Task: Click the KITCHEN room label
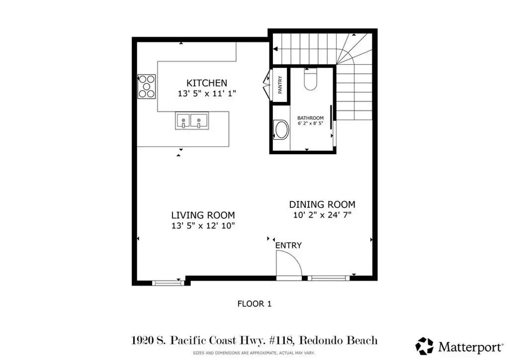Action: click(x=207, y=83)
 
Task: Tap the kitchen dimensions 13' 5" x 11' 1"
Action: click(x=207, y=94)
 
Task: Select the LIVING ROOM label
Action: click(x=203, y=215)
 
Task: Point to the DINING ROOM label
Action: click(x=322, y=204)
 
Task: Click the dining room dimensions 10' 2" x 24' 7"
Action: click(x=322, y=215)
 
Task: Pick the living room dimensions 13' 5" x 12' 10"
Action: click(x=203, y=226)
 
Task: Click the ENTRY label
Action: click(x=288, y=246)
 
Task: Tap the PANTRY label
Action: click(x=280, y=85)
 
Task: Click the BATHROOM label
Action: click(x=310, y=118)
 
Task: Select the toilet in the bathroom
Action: click(x=310, y=80)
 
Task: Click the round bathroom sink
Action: click(x=281, y=130)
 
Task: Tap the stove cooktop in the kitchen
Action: click(x=147, y=87)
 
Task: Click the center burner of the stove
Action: click(x=147, y=87)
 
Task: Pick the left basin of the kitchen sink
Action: click(x=183, y=120)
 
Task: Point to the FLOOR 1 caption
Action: click(x=254, y=304)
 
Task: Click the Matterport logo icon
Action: click(x=424, y=347)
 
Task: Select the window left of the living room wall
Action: click(x=168, y=283)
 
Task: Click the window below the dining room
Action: click(x=329, y=278)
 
